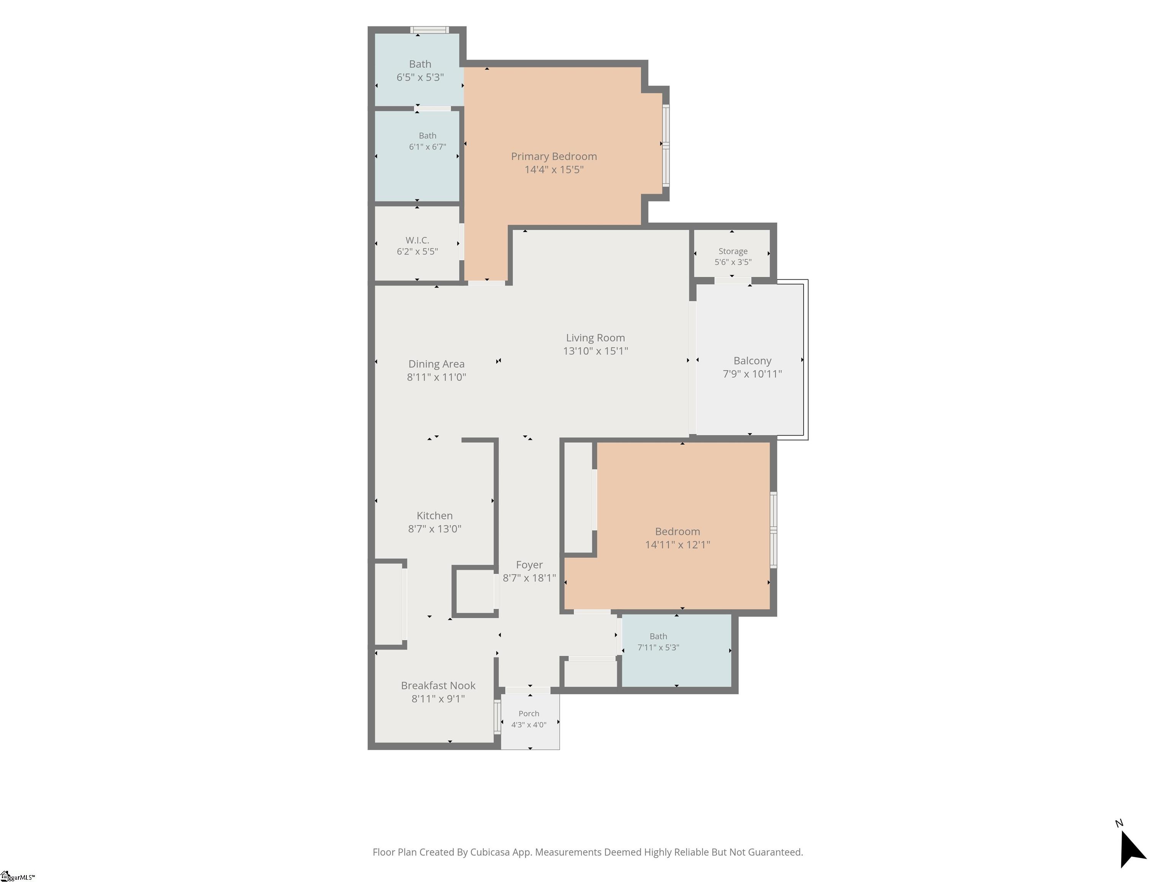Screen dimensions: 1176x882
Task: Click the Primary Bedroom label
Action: click(x=554, y=156)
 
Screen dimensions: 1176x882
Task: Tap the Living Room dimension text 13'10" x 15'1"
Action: click(x=595, y=351)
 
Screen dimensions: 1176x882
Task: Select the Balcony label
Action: click(x=752, y=361)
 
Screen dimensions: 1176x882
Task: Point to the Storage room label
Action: click(x=733, y=251)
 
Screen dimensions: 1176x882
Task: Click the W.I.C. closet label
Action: click(x=417, y=240)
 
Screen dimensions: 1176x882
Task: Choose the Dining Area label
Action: click(x=436, y=364)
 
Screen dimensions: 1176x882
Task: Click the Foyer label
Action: click(x=529, y=565)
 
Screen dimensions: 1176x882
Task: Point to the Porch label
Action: click(x=529, y=714)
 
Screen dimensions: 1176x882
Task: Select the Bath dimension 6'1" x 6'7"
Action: click(x=428, y=147)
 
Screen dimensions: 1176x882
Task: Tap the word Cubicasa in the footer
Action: click(x=490, y=852)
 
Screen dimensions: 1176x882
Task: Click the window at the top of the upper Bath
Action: click(x=430, y=30)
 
